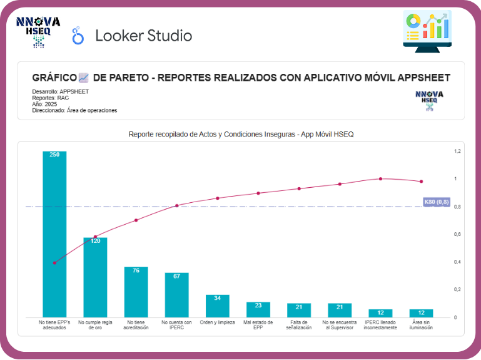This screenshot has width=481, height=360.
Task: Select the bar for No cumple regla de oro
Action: click(95, 277)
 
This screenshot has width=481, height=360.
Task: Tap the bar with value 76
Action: click(136, 292)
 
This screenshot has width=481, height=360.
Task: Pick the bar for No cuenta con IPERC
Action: click(177, 294)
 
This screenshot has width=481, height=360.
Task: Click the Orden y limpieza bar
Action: click(218, 306)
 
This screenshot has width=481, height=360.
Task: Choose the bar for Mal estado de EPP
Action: click(258, 309)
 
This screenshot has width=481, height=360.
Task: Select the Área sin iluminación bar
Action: click(421, 313)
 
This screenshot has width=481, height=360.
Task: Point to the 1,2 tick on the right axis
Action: click(457, 152)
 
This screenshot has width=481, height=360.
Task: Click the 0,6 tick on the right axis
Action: click(457, 234)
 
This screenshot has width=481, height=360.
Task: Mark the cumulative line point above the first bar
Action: click(54, 262)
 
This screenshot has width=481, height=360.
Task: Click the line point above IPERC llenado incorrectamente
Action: click(380, 178)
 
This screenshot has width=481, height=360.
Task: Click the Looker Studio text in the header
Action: click(143, 36)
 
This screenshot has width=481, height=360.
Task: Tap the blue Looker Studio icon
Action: click(78, 36)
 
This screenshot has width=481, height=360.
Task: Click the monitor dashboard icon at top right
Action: click(428, 29)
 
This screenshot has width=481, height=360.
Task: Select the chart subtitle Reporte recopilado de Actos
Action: click(241, 134)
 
